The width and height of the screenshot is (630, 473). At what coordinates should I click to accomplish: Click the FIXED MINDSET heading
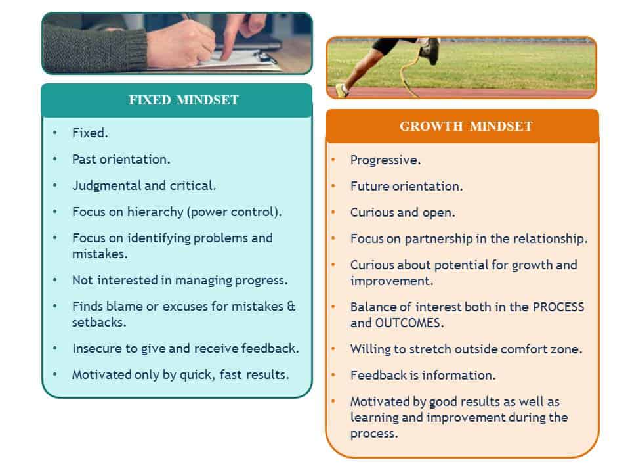coord(184,100)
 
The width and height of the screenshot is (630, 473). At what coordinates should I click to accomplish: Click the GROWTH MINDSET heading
coord(466,126)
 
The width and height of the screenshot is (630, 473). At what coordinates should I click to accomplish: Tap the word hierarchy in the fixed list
coord(156,212)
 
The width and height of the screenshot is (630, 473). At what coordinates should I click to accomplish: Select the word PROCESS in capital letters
coord(558,307)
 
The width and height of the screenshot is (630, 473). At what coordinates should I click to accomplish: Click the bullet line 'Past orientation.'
coord(121,159)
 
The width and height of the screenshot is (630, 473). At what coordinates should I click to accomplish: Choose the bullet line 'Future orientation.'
coord(407,186)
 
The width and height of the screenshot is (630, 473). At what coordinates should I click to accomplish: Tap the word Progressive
coord(386,160)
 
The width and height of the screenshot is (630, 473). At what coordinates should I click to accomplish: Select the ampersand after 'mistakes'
coord(291,307)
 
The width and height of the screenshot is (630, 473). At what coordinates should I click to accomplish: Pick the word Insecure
coord(99,348)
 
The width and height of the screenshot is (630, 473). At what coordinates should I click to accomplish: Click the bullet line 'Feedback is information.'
coord(423,375)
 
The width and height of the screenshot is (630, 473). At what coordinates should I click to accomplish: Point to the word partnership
coord(439,239)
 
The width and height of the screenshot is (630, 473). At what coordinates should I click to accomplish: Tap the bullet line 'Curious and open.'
coord(402,212)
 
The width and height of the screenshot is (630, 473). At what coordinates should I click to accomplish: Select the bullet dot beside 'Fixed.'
coord(55,132)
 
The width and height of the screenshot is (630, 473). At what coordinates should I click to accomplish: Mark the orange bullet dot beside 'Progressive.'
coord(333,160)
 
